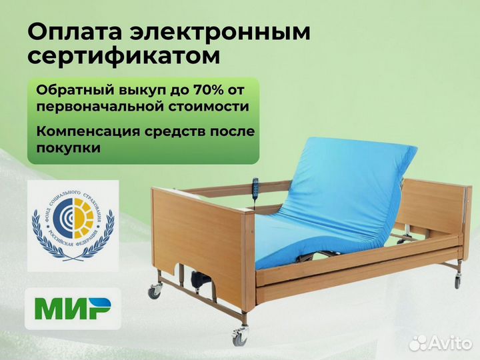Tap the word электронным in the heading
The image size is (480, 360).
pyautogui.click(x=221, y=33)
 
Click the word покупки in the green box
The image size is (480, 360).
pyautogui.click(x=69, y=147)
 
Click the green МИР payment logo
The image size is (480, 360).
pyautogui.click(x=73, y=309)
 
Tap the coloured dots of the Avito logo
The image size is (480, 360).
pyautogui.click(x=419, y=343)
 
